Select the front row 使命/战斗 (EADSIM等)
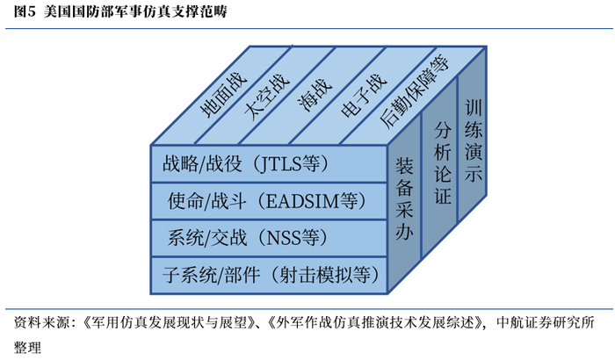tap(264, 201)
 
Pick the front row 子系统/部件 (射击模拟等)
tap(264, 274)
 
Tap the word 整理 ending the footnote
tap(27, 345)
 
